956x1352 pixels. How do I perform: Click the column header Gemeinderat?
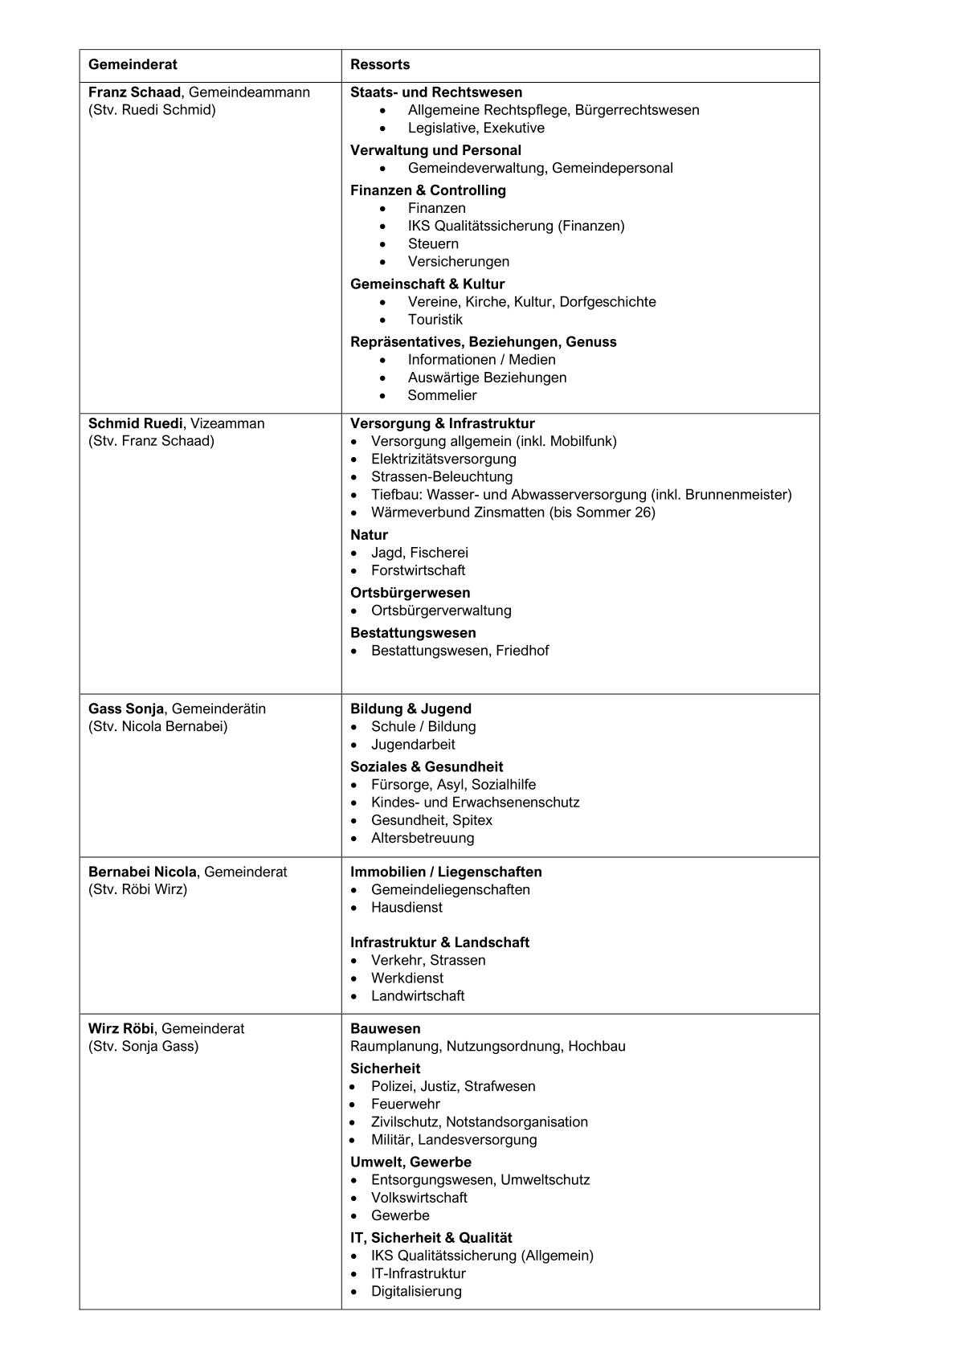click(x=133, y=64)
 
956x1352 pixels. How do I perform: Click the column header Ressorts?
click(x=380, y=64)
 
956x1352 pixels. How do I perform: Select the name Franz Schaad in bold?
click(x=134, y=92)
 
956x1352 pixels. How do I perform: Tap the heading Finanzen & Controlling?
click(x=427, y=190)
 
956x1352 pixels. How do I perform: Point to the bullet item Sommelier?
click(x=442, y=395)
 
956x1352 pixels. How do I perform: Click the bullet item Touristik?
click(x=435, y=320)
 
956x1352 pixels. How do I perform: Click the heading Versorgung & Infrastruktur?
click(x=442, y=423)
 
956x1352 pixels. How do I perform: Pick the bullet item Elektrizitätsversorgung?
click(x=443, y=459)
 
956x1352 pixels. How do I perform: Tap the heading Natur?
click(x=369, y=535)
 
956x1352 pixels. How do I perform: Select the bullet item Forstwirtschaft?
click(x=418, y=570)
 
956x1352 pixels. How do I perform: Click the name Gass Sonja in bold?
click(x=125, y=709)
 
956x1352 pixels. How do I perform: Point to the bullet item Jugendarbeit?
click(x=413, y=745)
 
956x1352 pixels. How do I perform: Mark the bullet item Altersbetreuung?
click(x=423, y=838)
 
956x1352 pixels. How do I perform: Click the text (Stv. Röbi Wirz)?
click(x=137, y=889)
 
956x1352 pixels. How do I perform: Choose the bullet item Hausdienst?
click(x=407, y=907)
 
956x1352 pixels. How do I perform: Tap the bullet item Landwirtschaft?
click(x=418, y=995)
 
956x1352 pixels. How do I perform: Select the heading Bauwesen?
click(x=385, y=1028)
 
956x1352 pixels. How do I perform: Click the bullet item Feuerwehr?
click(x=406, y=1104)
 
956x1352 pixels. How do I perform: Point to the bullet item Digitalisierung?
click(x=416, y=1291)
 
